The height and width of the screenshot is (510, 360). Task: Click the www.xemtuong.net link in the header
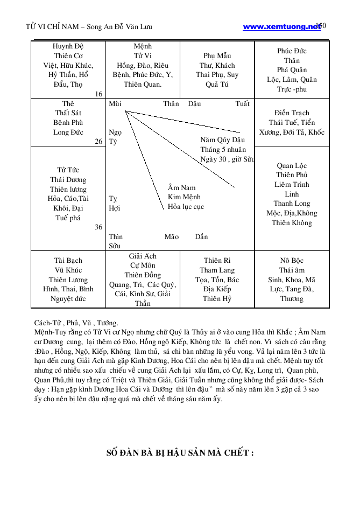coord(281,26)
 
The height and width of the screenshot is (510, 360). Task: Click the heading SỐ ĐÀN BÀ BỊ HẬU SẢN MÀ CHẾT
coord(180,452)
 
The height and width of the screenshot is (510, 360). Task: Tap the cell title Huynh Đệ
coord(68,46)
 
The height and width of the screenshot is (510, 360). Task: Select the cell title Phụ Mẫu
coord(217,55)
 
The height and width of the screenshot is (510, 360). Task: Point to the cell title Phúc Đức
coord(292,51)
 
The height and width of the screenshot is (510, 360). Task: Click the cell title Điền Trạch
coord(292,113)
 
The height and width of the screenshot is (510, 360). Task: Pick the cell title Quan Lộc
coord(292,165)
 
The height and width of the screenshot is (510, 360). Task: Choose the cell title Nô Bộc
coord(292,261)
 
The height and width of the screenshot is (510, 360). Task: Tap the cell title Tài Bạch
coord(68,261)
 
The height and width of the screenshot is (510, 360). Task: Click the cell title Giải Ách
coord(143,256)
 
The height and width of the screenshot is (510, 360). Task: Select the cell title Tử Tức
coord(68,170)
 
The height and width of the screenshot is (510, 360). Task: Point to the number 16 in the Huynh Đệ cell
coord(98,94)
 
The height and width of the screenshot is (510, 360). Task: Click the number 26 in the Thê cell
coord(98,142)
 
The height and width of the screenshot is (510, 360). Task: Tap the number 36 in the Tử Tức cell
coord(98,227)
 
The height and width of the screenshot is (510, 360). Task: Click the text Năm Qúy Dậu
coord(223,140)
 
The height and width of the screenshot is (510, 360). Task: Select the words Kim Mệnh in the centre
coord(182,197)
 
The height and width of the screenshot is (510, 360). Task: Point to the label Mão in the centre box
coord(171,236)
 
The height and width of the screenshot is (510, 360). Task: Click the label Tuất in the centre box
coord(242,103)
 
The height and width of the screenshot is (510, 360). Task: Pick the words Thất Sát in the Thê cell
coord(68,113)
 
